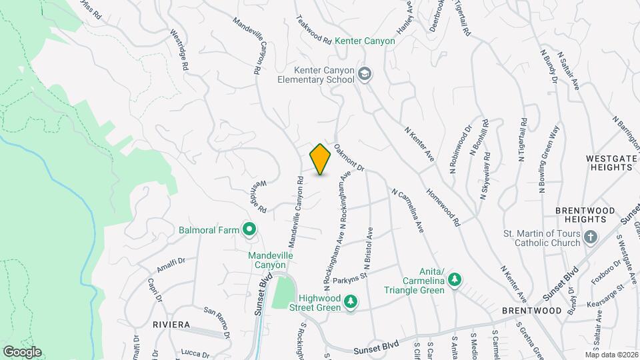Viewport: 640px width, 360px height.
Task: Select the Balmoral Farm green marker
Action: point(250,231)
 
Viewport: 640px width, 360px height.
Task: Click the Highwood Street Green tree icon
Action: point(350,303)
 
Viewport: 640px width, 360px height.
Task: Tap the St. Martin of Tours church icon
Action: point(589,237)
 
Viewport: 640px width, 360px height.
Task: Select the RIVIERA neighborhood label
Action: point(171,324)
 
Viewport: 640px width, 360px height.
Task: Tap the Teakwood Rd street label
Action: point(313,30)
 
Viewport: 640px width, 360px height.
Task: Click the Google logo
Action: point(22,351)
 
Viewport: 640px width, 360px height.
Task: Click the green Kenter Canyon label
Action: point(365,41)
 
